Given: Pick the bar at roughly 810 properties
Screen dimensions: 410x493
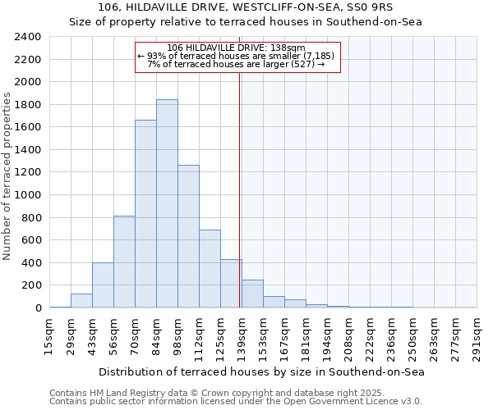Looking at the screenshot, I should pos(124,262).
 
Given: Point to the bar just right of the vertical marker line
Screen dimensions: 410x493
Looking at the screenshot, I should pos(252,294).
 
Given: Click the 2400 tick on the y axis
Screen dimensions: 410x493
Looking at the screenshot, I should pos(29,37).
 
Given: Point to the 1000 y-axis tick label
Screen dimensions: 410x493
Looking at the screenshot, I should pos(29,195).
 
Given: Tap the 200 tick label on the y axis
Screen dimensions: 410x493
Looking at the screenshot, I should pos(32,285).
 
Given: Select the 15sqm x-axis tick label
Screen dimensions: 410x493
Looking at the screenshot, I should pos(49,337).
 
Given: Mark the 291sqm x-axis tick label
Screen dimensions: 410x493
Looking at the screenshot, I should pos(477,337).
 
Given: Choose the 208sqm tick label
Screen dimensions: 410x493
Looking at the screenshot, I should pos(348,337).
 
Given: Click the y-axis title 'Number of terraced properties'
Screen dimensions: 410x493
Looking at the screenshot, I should pos(7,176).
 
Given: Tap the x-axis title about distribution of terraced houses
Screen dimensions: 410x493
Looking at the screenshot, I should pos(263,371).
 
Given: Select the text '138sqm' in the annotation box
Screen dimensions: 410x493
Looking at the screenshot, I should pos(289,48).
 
